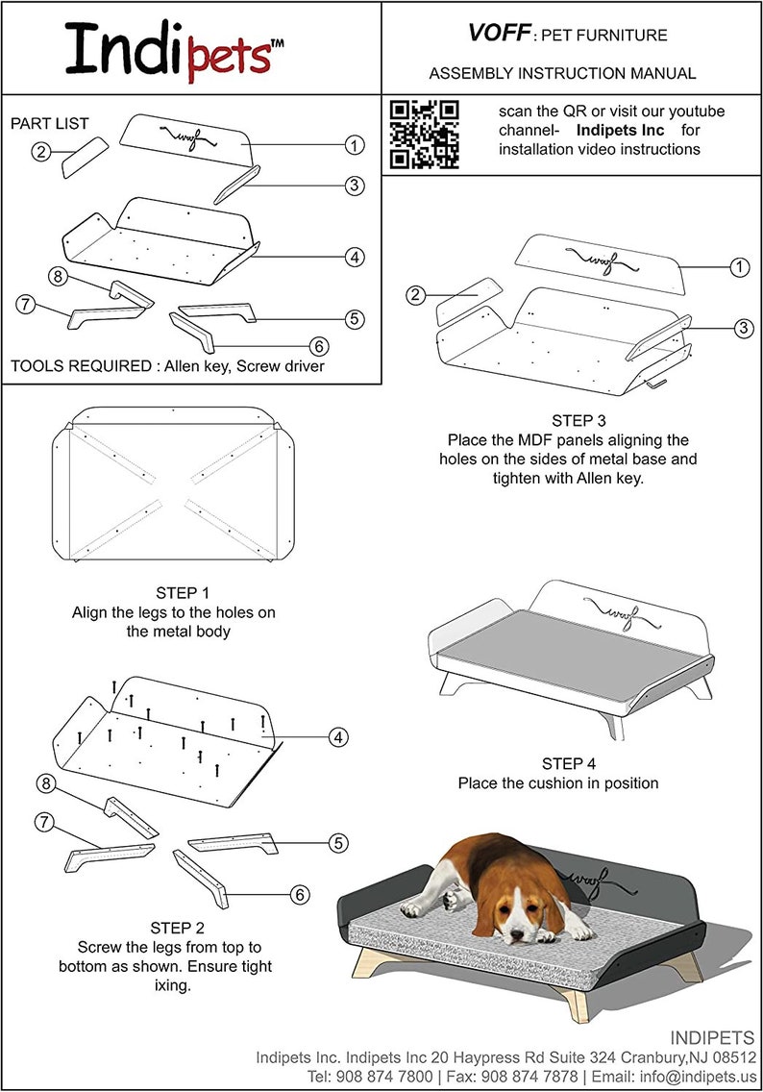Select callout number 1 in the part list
(355, 145)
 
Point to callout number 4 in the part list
(355, 257)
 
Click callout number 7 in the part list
(26, 305)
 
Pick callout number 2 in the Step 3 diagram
(415, 295)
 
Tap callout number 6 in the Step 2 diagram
(300, 895)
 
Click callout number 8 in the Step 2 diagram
(44, 782)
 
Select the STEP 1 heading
(182, 592)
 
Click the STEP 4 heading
(568, 763)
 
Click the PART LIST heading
(49, 123)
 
